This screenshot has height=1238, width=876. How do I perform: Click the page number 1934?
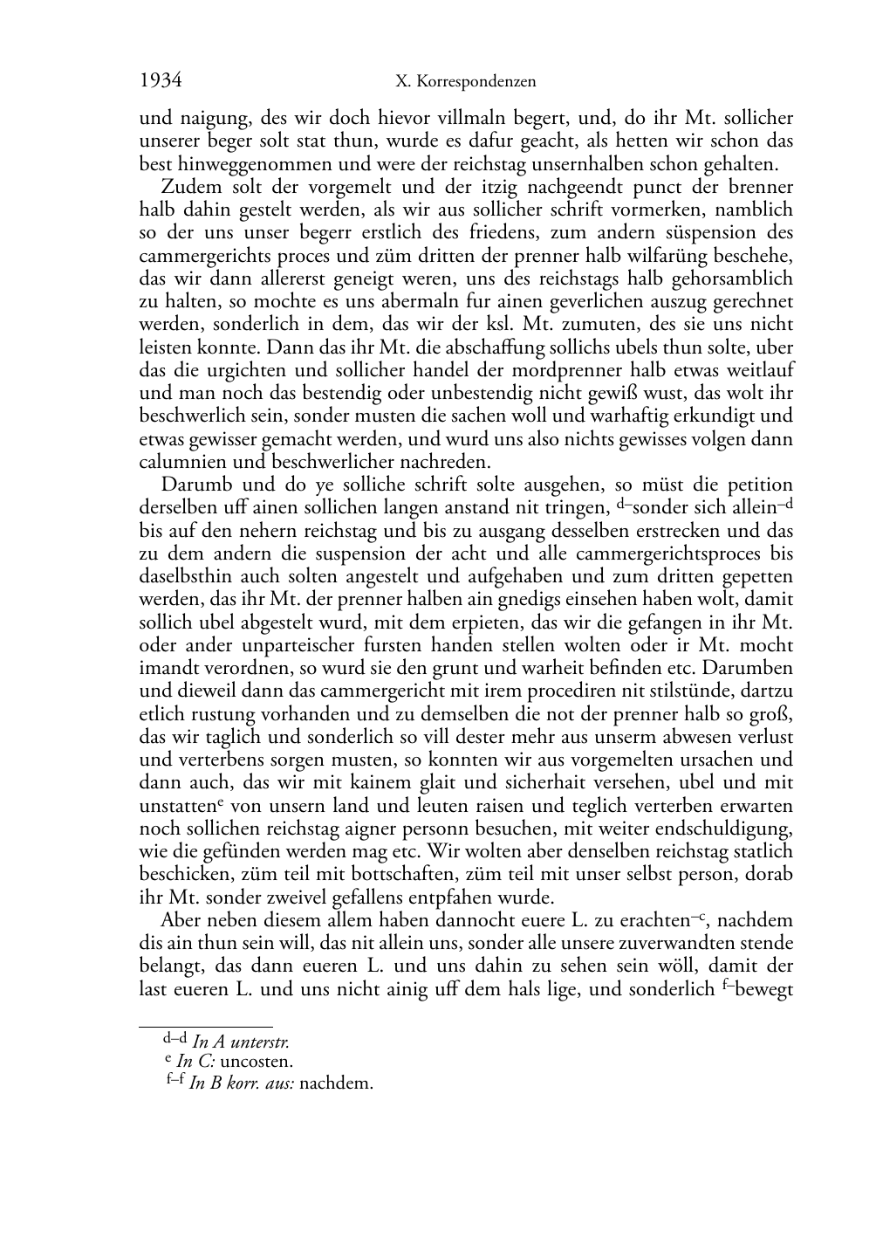pos(161,81)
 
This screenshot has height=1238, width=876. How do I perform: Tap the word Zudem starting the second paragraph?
pos(188,187)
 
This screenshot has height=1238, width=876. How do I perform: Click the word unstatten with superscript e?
pos(179,806)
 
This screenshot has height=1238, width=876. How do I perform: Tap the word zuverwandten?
pos(695,944)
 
